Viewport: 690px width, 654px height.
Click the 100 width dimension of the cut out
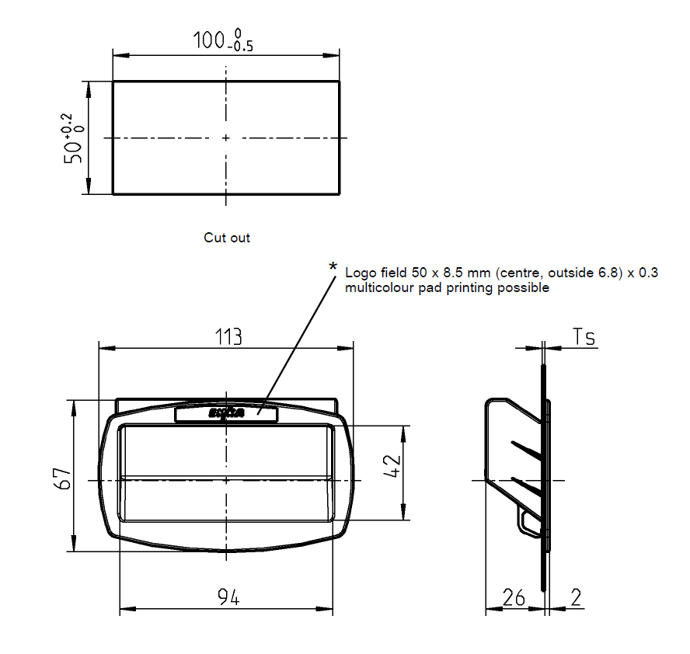[209, 41]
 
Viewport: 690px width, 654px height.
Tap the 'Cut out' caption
[227, 238]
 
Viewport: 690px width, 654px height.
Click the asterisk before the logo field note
[333, 268]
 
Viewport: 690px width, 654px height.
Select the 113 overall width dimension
[228, 336]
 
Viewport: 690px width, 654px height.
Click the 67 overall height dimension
[64, 478]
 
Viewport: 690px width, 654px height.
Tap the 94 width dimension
[228, 597]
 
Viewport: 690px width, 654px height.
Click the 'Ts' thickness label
[584, 336]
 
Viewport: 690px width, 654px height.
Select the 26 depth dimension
[514, 597]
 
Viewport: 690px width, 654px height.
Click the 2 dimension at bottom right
[575, 597]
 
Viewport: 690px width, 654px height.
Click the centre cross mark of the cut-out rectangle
[226, 138]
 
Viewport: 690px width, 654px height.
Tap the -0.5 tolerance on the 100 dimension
[242, 47]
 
